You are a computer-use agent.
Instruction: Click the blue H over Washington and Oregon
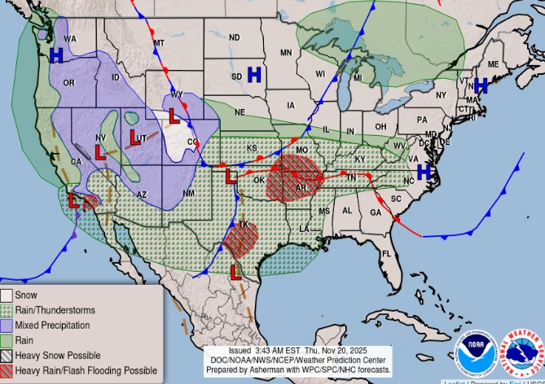[56, 55]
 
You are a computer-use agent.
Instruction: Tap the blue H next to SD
[254, 75]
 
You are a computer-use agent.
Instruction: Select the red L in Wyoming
[174, 116]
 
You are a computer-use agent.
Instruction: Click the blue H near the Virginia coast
[424, 171]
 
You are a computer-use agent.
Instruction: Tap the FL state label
[387, 254]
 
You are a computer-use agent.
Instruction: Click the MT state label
[159, 42]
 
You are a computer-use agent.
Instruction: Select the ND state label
[234, 37]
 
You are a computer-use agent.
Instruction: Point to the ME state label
[492, 64]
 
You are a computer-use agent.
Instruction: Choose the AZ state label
[140, 194]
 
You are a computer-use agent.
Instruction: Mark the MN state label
[286, 53]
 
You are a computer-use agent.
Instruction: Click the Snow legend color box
[7, 295]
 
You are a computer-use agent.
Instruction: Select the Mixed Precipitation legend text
[55, 325]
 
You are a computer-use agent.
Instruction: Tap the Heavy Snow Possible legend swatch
[7, 355]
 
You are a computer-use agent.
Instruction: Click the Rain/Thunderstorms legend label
[55, 310]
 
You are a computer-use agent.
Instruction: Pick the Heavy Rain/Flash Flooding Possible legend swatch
[7, 370]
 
